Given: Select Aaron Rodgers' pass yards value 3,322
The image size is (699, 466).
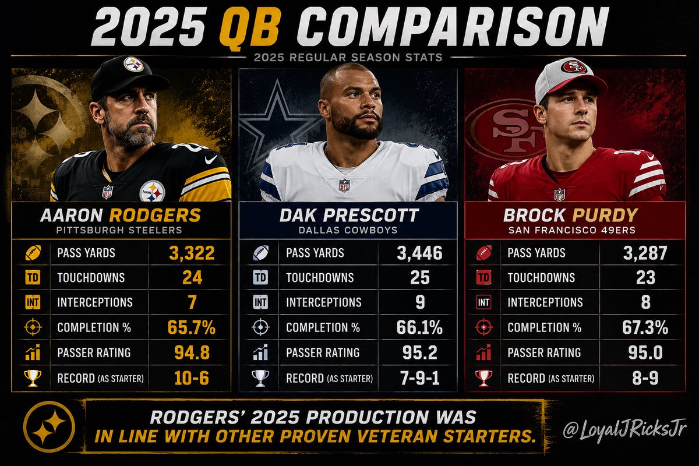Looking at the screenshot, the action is tap(192, 253).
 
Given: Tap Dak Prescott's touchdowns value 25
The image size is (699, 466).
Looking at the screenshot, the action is tap(420, 277).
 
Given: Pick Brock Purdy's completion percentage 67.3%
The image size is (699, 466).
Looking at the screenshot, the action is tap(645, 327).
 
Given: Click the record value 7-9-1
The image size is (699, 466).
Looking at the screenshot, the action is tap(420, 378).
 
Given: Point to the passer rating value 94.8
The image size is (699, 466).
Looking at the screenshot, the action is tap(192, 352).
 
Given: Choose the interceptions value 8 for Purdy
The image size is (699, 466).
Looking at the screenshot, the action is tap(645, 302).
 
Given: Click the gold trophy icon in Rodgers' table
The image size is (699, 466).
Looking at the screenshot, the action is tap(33, 378).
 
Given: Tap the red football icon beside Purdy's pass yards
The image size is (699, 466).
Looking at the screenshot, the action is tap(483, 252).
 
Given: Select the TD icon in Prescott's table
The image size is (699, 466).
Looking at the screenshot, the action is tap(260, 277).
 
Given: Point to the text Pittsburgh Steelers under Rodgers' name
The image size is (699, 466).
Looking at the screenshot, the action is tap(119, 230).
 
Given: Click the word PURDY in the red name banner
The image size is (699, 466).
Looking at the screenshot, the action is tap(605, 216).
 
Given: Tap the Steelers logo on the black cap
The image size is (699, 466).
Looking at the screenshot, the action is tap(133, 65).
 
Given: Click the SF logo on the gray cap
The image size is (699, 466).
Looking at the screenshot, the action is tap(574, 67).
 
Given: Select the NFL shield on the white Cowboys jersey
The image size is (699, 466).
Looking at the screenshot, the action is tap(344, 185).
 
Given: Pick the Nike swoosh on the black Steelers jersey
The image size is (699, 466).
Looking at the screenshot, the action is tap(211, 160).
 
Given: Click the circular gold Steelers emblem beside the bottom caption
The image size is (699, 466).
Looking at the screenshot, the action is tap(50, 426).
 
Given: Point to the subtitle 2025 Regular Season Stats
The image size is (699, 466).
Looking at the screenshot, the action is tap(348, 58).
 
